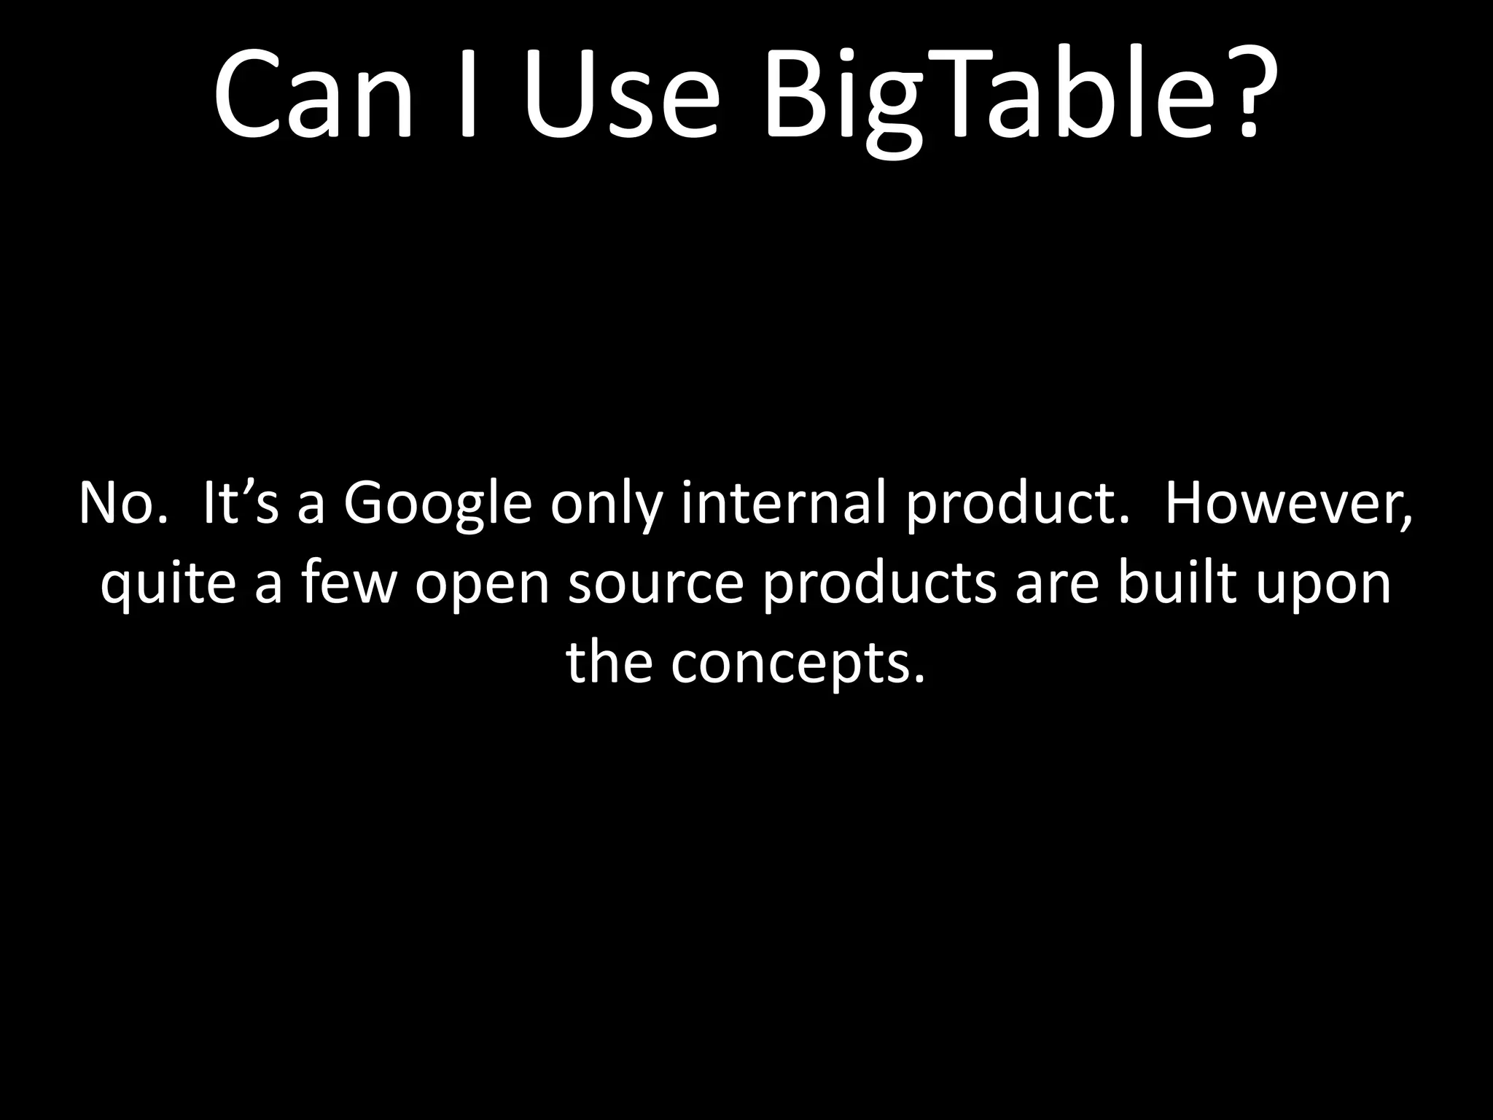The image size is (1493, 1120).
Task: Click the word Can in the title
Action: pos(313,95)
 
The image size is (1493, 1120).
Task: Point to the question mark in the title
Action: pos(1249,95)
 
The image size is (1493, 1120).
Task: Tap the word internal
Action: pos(783,503)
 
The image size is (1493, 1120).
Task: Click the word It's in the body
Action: pos(241,503)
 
